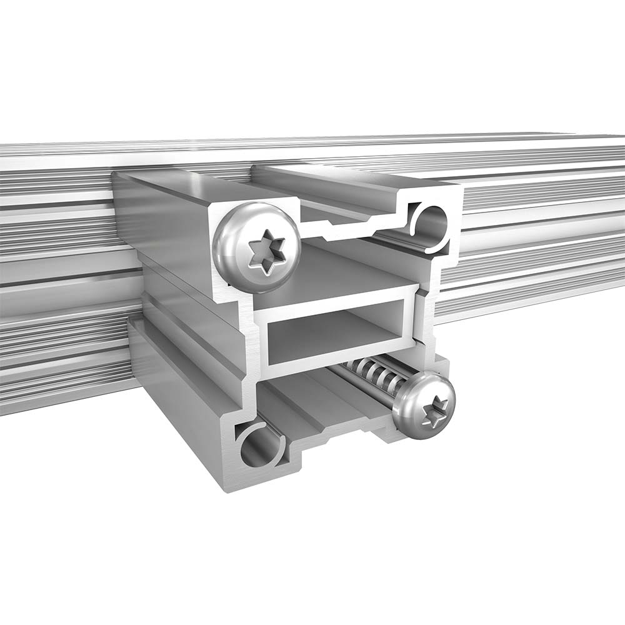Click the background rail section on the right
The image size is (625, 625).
pos(537,237)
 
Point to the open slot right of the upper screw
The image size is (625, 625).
pos(350,228)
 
